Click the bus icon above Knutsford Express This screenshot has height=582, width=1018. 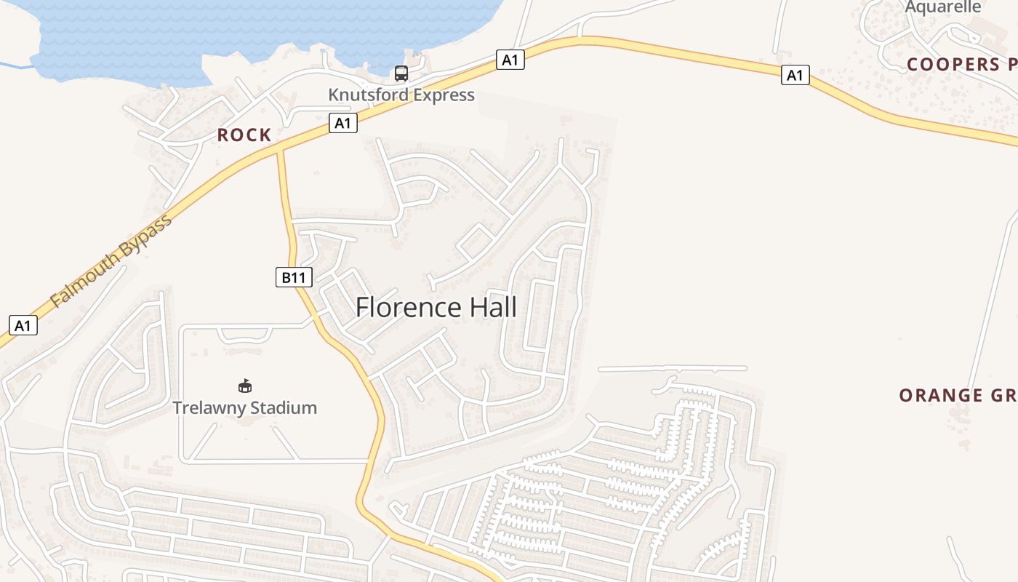[401, 73]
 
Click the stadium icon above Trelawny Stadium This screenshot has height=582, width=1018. [245, 386]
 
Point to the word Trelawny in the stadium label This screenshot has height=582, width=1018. [207, 407]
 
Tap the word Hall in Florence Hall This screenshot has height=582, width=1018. [492, 307]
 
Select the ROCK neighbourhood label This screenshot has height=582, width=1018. [244, 135]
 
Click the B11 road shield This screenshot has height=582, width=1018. [294, 277]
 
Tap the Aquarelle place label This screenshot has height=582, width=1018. [943, 7]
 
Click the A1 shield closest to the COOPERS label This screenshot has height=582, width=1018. [795, 75]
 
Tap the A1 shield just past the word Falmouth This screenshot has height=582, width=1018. [23, 325]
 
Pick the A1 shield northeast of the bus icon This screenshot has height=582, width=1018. [510, 60]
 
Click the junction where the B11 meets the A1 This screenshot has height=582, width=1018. [279, 148]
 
